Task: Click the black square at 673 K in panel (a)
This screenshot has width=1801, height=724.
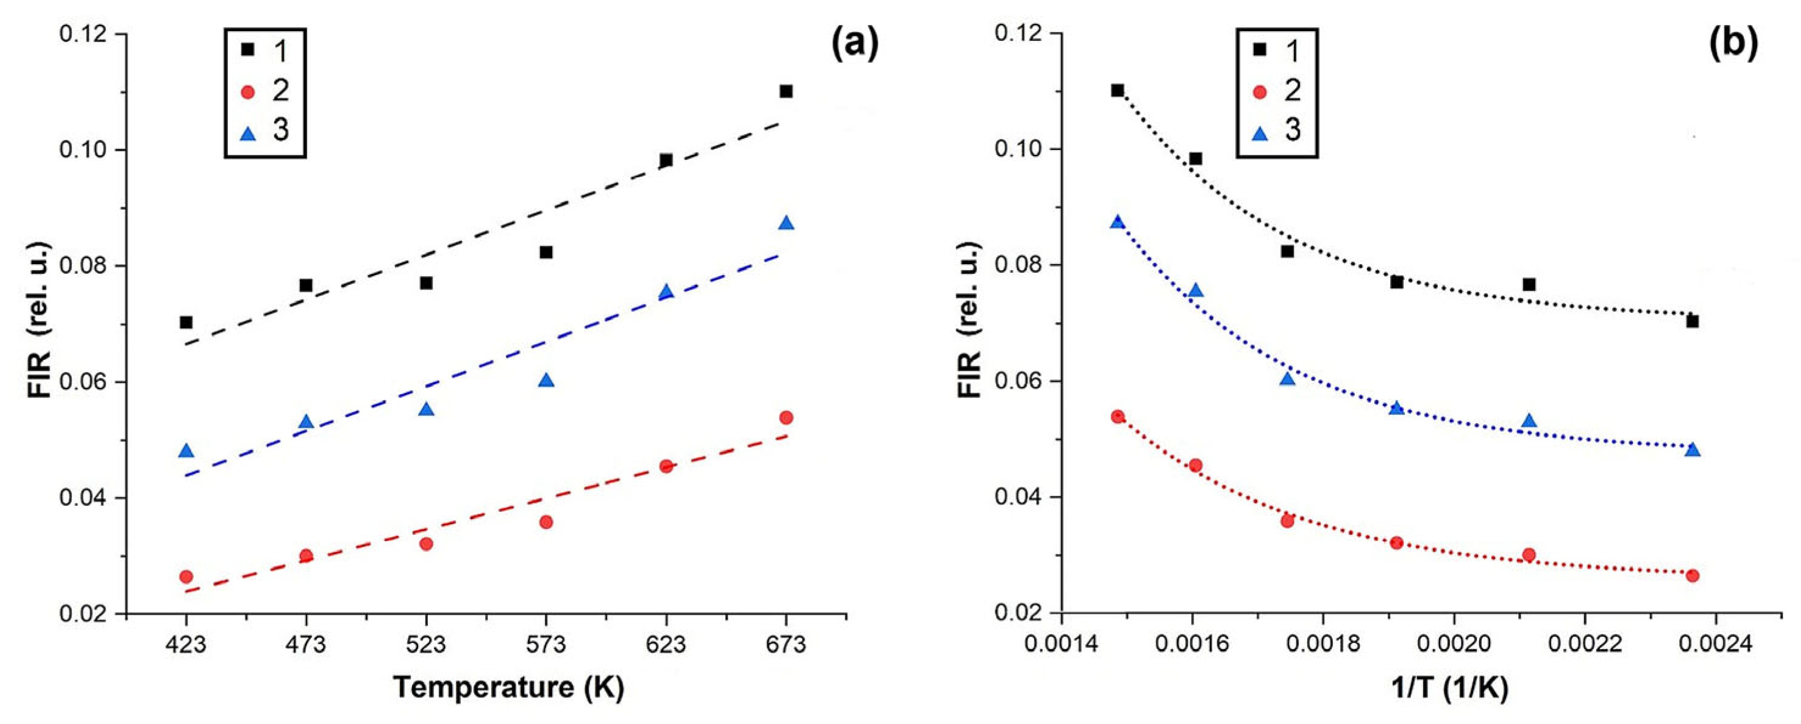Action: click(x=786, y=91)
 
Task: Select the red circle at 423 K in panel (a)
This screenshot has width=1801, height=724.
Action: click(x=186, y=576)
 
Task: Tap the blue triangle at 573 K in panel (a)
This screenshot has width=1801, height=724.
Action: click(x=546, y=381)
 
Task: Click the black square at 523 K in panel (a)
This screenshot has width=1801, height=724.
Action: click(x=426, y=282)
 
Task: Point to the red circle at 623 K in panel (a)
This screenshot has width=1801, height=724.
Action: click(x=666, y=466)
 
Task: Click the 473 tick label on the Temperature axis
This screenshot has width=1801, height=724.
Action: click(x=305, y=644)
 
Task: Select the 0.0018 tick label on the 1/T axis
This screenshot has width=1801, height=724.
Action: click(x=1323, y=644)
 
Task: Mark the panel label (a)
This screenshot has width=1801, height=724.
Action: click(x=854, y=46)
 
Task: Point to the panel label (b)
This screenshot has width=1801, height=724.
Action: click(x=1733, y=46)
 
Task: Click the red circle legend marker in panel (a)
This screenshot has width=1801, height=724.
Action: click(x=247, y=91)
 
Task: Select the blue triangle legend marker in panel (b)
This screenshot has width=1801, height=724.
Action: click(x=1259, y=131)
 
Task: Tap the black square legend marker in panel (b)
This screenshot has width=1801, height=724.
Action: click(x=1259, y=51)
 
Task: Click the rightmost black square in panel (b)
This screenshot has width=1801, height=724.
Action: click(x=1693, y=321)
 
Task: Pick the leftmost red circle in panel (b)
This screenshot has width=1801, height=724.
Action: click(x=1117, y=416)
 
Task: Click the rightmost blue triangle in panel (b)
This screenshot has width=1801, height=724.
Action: click(x=1693, y=450)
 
